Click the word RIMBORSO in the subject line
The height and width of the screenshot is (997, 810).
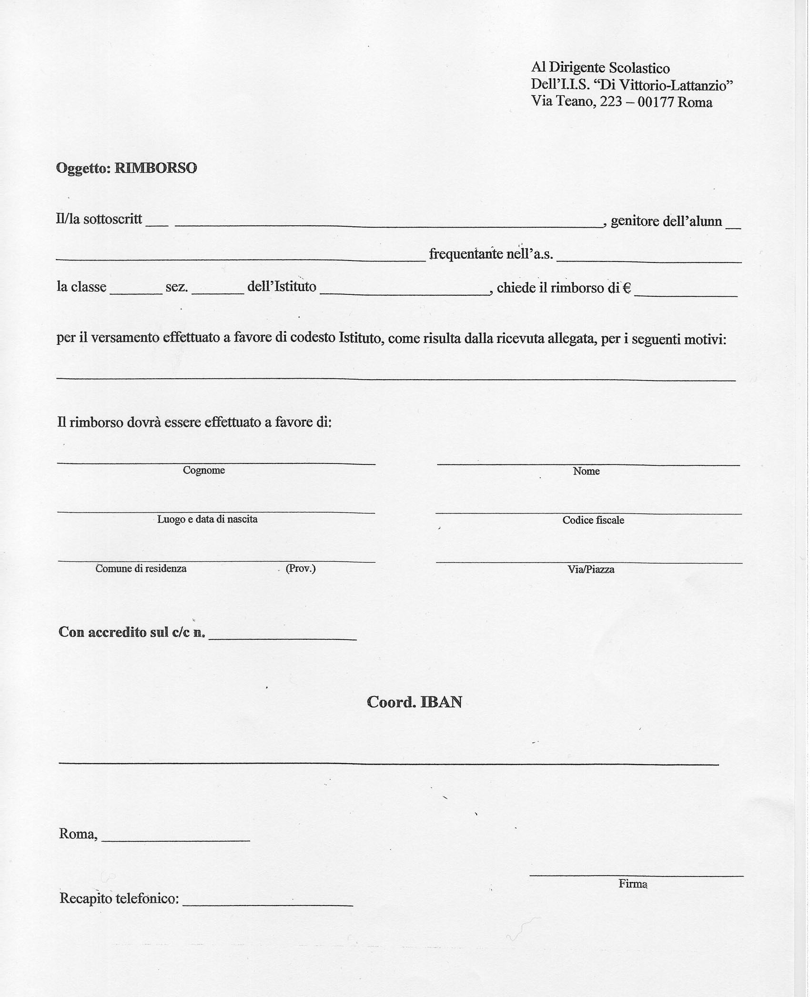tap(155, 168)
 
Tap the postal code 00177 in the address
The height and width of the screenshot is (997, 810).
tap(656, 102)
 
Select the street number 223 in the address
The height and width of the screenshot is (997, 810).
tap(611, 102)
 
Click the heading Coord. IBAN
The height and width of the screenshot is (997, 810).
tap(414, 702)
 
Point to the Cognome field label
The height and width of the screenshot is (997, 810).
tap(203, 470)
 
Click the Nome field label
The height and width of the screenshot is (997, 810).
tap(586, 471)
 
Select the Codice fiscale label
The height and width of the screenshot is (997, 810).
tap(593, 520)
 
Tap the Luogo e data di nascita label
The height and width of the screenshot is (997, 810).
tap(207, 519)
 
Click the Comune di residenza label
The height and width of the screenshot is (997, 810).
tap(141, 568)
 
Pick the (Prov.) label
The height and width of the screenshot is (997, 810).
tap(300, 568)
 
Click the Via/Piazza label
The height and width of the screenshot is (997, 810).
tap(591, 569)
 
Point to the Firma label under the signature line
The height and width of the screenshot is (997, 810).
tap(633, 884)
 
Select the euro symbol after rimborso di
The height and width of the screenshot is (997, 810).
tap(627, 288)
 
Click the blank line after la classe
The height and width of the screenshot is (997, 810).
tap(136, 292)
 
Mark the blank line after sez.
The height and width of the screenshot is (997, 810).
tap(218, 292)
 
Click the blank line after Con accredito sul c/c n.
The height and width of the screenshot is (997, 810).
tap(283, 637)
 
